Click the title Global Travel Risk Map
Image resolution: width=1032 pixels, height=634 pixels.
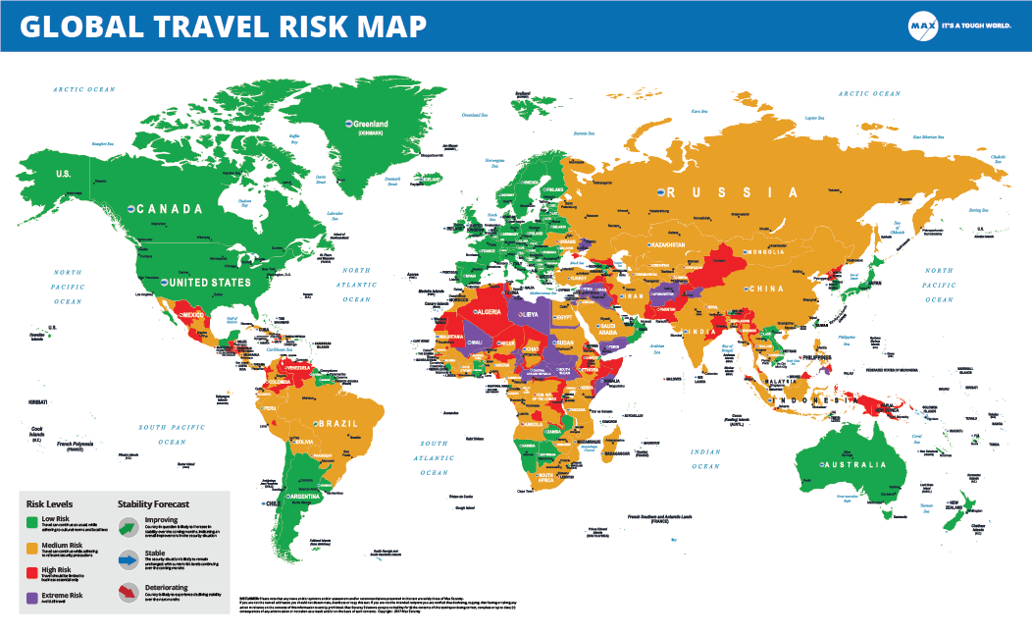(x=224, y=26)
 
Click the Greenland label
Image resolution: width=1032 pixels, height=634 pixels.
(x=369, y=124)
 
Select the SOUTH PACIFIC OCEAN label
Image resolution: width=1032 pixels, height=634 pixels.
(x=179, y=428)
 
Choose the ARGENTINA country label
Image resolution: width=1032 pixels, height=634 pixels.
(x=299, y=498)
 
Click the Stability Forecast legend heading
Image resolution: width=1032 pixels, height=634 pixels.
(x=161, y=503)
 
